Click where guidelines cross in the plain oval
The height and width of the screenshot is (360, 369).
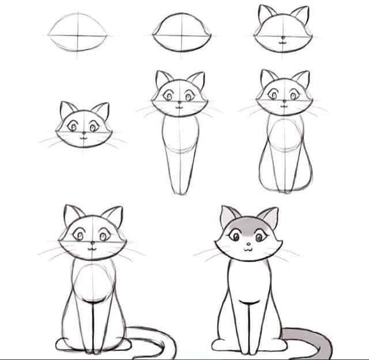click(x=78, y=35)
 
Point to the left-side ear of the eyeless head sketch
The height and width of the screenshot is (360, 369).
click(x=266, y=14)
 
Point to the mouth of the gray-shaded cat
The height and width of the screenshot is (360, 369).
click(x=246, y=249)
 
